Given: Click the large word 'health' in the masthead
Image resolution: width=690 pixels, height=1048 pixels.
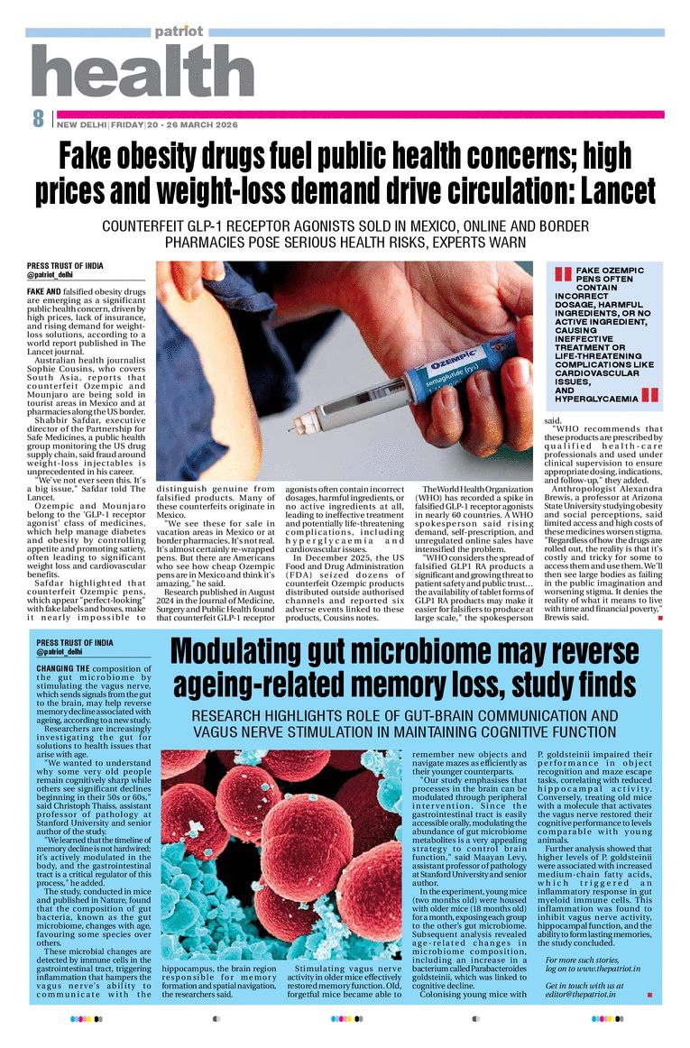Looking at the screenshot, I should (x=143, y=71).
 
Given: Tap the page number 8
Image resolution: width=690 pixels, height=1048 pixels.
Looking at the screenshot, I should (x=38, y=118).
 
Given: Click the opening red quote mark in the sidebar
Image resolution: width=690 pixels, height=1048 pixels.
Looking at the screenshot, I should (x=563, y=274).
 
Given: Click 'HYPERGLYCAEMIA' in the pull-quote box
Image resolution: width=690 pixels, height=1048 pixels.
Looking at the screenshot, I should (x=596, y=398).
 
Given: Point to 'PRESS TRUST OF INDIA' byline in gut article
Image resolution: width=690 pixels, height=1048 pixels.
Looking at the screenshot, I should (x=75, y=643).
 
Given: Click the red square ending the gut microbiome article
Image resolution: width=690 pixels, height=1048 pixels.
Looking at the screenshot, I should (x=649, y=996).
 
